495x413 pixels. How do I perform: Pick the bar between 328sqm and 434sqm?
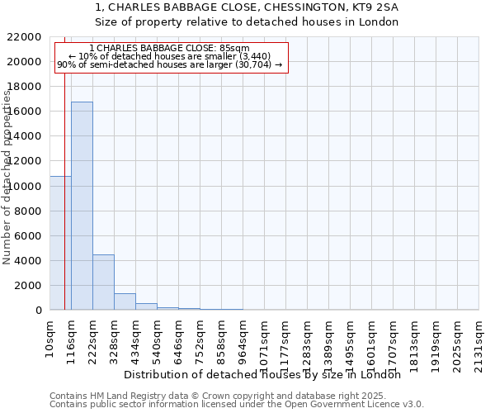coord(125,301)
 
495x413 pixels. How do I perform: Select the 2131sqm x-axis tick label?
coord(479,341)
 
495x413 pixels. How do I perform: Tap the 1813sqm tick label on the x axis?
coord(415,341)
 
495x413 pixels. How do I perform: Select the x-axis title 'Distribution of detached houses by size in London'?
coord(267,374)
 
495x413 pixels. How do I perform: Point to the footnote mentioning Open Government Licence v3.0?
coord(237,404)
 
